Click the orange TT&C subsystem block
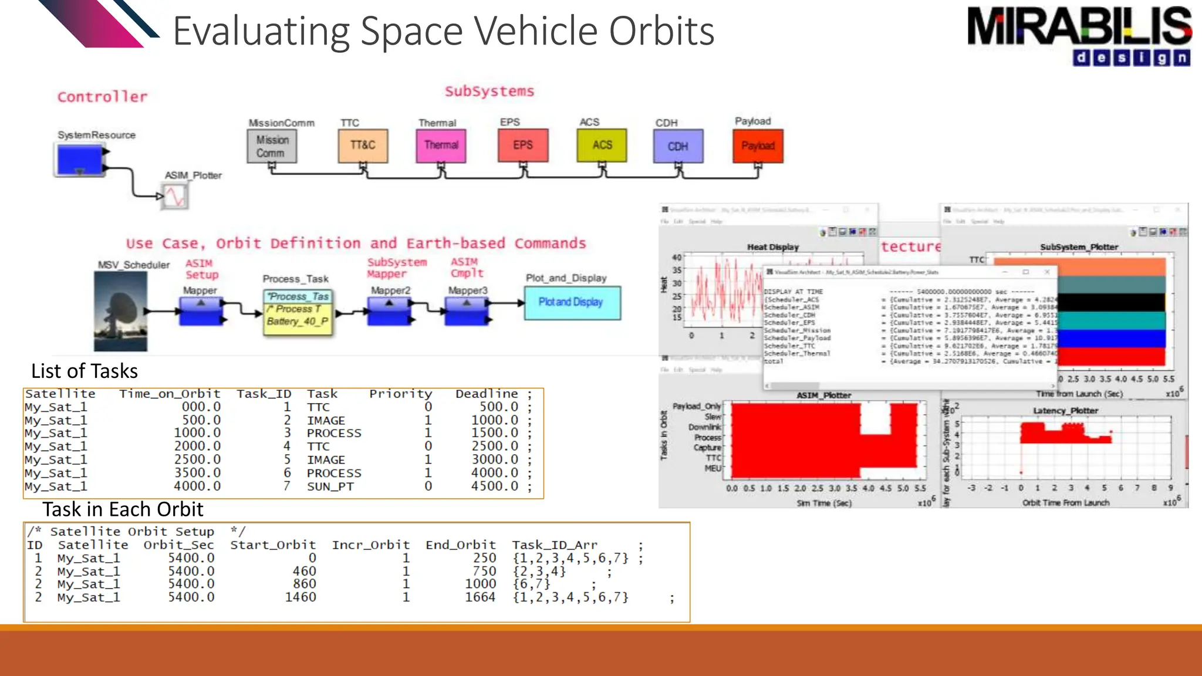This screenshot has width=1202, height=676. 363,146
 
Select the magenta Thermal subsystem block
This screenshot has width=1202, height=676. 441,146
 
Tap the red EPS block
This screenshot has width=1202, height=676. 523,145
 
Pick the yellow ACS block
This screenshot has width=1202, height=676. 602,145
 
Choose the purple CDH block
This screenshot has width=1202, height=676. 678,146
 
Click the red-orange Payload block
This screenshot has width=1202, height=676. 758,146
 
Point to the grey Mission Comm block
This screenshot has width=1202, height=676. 272,146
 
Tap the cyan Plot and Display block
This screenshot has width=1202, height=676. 572,302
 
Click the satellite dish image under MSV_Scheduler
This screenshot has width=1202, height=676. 121,311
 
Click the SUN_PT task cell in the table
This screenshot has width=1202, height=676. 330,486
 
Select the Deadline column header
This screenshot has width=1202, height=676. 487,394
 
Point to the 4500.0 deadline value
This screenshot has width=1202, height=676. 495,486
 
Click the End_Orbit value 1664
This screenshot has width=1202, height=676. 480,597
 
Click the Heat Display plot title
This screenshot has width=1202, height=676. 772,247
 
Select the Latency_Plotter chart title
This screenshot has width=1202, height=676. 1065,411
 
